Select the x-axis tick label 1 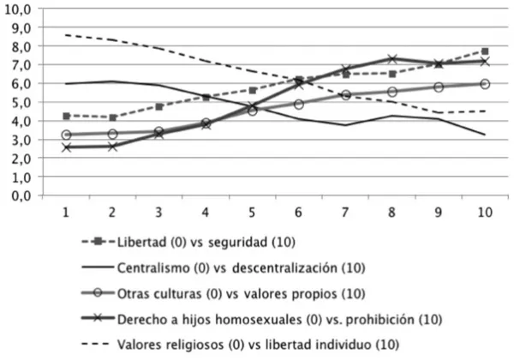pyautogui.click(x=65, y=212)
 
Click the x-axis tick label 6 pyautogui.click(x=298, y=212)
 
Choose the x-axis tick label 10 pyautogui.click(x=484, y=212)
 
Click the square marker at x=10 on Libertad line pyautogui.click(x=485, y=51)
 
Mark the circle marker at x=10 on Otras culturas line pyautogui.click(x=485, y=84)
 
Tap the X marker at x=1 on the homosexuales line pyautogui.click(x=66, y=147)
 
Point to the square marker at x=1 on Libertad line pyautogui.click(x=66, y=116)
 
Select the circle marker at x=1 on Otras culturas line pyautogui.click(x=66, y=135)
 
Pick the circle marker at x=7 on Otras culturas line pyautogui.click(x=345, y=95)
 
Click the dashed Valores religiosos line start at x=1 pyautogui.click(x=66, y=35)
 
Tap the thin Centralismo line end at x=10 pyautogui.click(x=485, y=135)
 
